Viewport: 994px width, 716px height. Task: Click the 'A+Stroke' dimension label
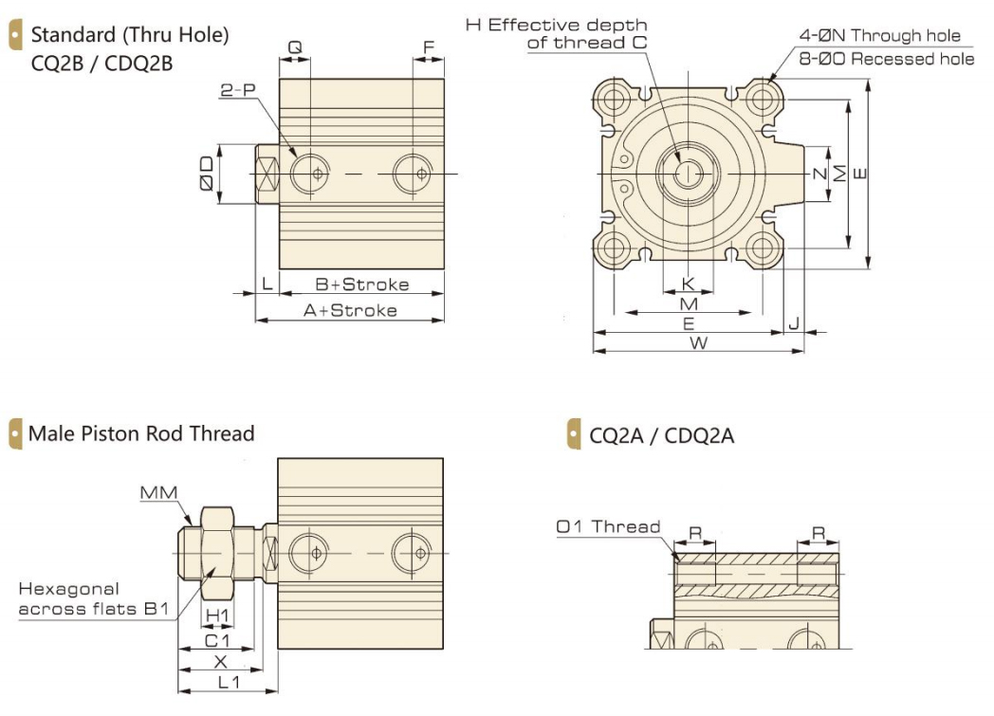350,310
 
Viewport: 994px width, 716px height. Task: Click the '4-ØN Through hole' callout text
879,36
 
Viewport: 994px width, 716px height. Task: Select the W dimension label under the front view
698,343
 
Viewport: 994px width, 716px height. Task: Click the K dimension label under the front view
689,284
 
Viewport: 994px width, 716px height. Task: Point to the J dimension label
794,323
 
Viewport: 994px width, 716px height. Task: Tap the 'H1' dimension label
218,615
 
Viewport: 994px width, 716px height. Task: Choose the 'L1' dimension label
229,682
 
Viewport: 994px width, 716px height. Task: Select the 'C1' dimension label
217,639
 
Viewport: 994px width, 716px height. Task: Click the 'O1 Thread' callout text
608,526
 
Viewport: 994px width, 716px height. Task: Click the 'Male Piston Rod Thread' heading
141,433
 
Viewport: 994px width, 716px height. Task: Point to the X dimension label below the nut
221,661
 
